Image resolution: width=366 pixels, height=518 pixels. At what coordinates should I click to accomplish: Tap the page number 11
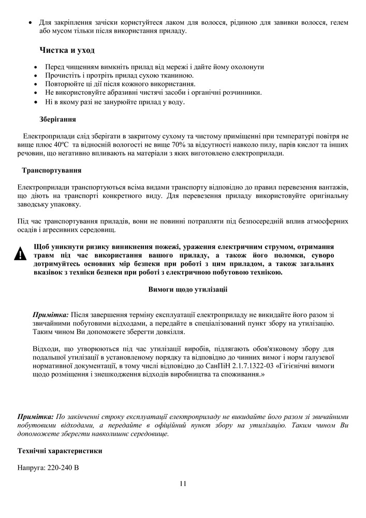tap(183, 484)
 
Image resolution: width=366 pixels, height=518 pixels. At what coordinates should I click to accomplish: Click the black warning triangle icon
tap(20, 254)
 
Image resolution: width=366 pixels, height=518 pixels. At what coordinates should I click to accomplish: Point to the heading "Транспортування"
tap(51, 170)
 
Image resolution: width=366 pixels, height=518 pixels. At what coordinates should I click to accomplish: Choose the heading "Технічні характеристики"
tap(60, 451)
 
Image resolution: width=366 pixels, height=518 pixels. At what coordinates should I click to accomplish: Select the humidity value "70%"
tap(167, 145)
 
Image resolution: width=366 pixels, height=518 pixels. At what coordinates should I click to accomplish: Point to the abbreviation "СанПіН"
tap(218, 366)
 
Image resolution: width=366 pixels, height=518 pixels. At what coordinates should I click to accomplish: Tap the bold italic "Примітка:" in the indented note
tap(50, 314)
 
